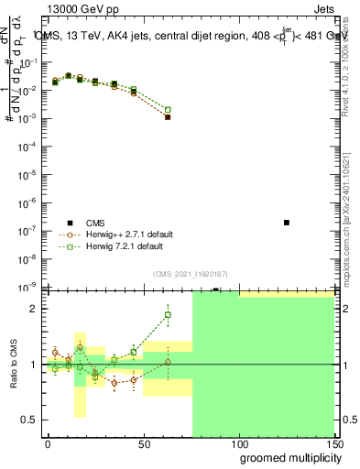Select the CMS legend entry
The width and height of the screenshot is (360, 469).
point(95,222)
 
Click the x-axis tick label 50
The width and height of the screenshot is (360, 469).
point(143,443)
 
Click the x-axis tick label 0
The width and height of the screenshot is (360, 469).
point(48,443)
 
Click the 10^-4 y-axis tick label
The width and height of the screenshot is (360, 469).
point(27,147)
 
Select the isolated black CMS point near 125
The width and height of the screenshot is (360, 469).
point(287,223)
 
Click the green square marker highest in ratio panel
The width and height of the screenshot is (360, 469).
point(168,315)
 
